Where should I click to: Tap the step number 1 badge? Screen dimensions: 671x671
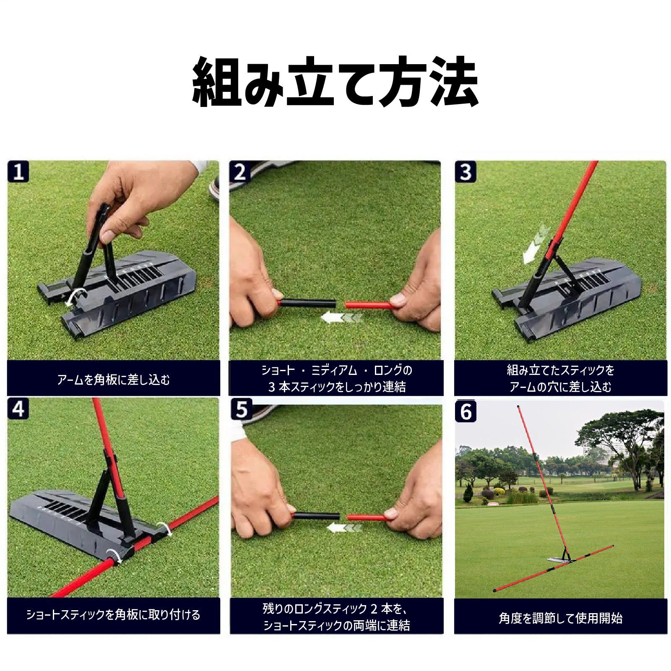[x=18, y=172]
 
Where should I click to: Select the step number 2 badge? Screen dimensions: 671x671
[x=240, y=172]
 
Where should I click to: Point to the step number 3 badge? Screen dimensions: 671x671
[x=466, y=172]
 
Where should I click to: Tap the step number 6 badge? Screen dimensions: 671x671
[x=466, y=411]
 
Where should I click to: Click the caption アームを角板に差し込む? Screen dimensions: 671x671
[x=114, y=380]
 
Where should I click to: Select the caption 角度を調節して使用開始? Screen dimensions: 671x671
[x=561, y=618]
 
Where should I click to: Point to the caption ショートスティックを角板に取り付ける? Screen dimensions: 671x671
[x=114, y=615]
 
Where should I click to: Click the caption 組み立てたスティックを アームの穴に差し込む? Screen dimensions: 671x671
[x=561, y=378]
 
